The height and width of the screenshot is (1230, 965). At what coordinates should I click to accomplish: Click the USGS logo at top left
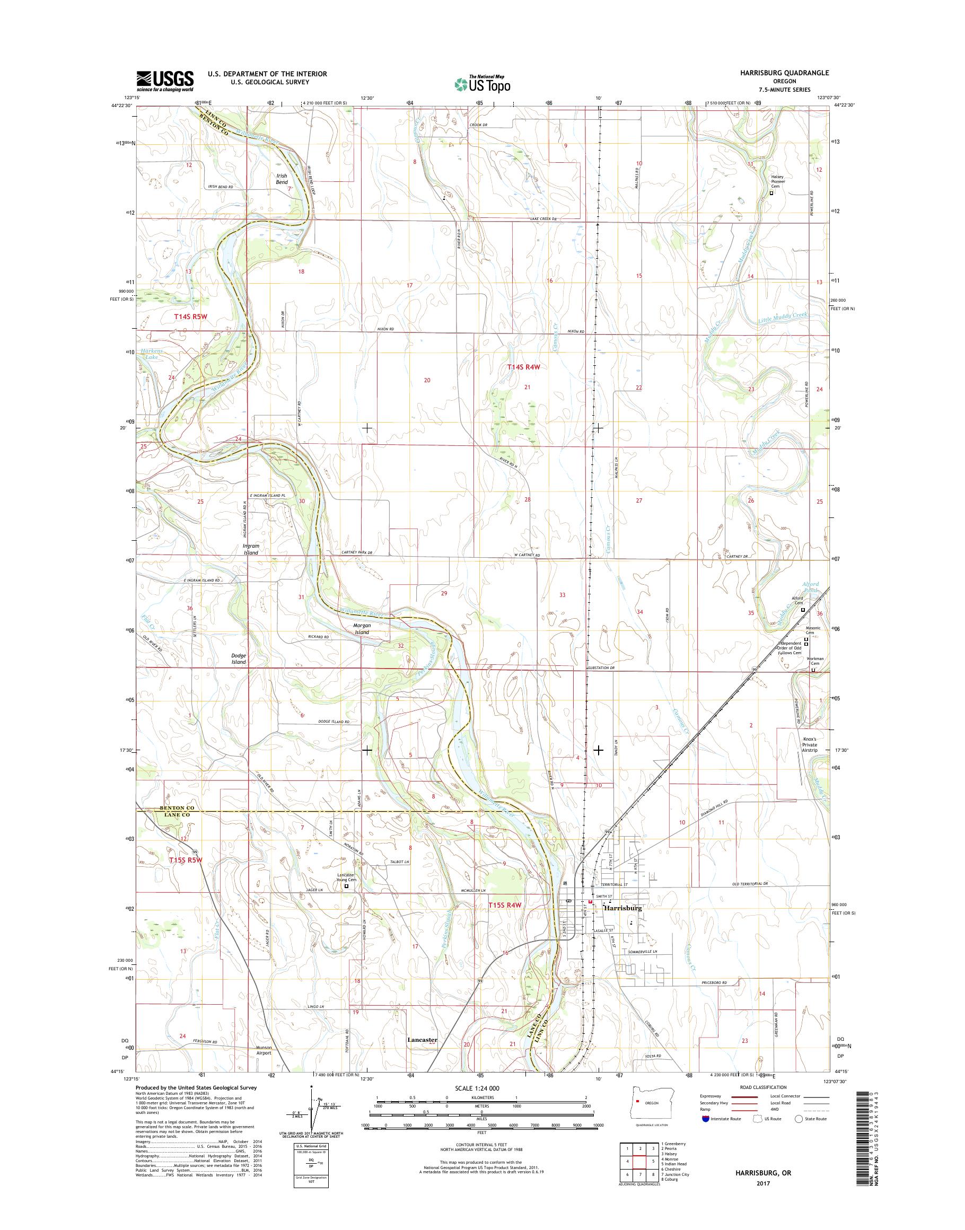click(x=164, y=81)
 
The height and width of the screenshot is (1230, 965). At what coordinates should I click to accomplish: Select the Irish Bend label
click(x=282, y=179)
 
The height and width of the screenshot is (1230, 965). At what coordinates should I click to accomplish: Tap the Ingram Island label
click(x=250, y=549)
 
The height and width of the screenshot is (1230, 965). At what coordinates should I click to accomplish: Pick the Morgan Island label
click(x=362, y=629)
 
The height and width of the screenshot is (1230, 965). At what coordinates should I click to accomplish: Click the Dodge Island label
click(x=239, y=658)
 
